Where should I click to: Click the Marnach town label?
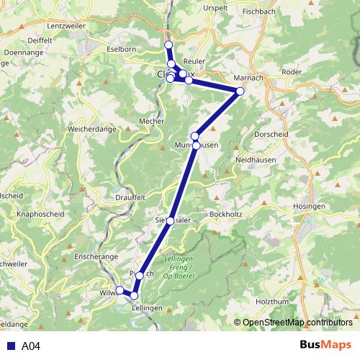[249, 78]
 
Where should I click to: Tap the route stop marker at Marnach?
[240, 91]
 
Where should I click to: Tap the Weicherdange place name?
[93, 129]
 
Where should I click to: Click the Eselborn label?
[121, 49]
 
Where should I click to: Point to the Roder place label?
[292, 72]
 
